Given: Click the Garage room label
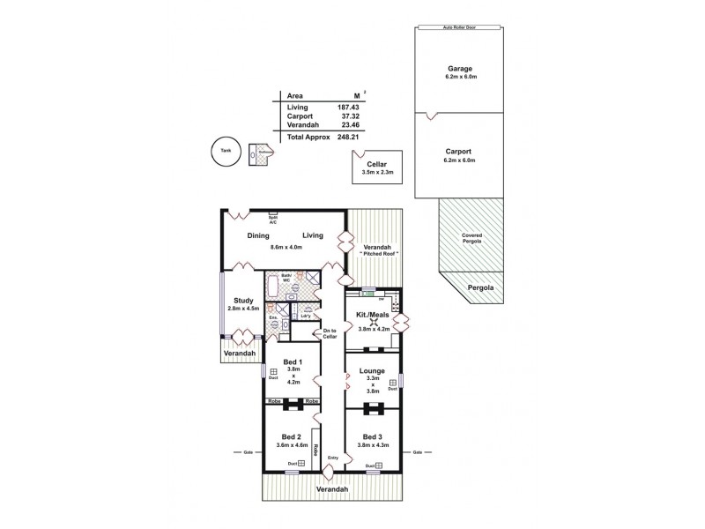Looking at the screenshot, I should pos(459,68).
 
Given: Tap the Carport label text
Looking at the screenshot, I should pos(459,151).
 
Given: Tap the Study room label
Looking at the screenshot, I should pos(244,301).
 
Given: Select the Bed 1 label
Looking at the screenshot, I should pos(293,362).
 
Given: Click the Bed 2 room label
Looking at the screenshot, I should pos(293,437).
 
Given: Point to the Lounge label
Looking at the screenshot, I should pos(371,372).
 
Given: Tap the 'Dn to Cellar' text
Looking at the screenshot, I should pos(330,333).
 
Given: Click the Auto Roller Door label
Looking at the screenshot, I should pos(459,27).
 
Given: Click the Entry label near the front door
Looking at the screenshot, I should pos(332,458).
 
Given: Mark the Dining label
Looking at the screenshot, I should pos(258,235).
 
